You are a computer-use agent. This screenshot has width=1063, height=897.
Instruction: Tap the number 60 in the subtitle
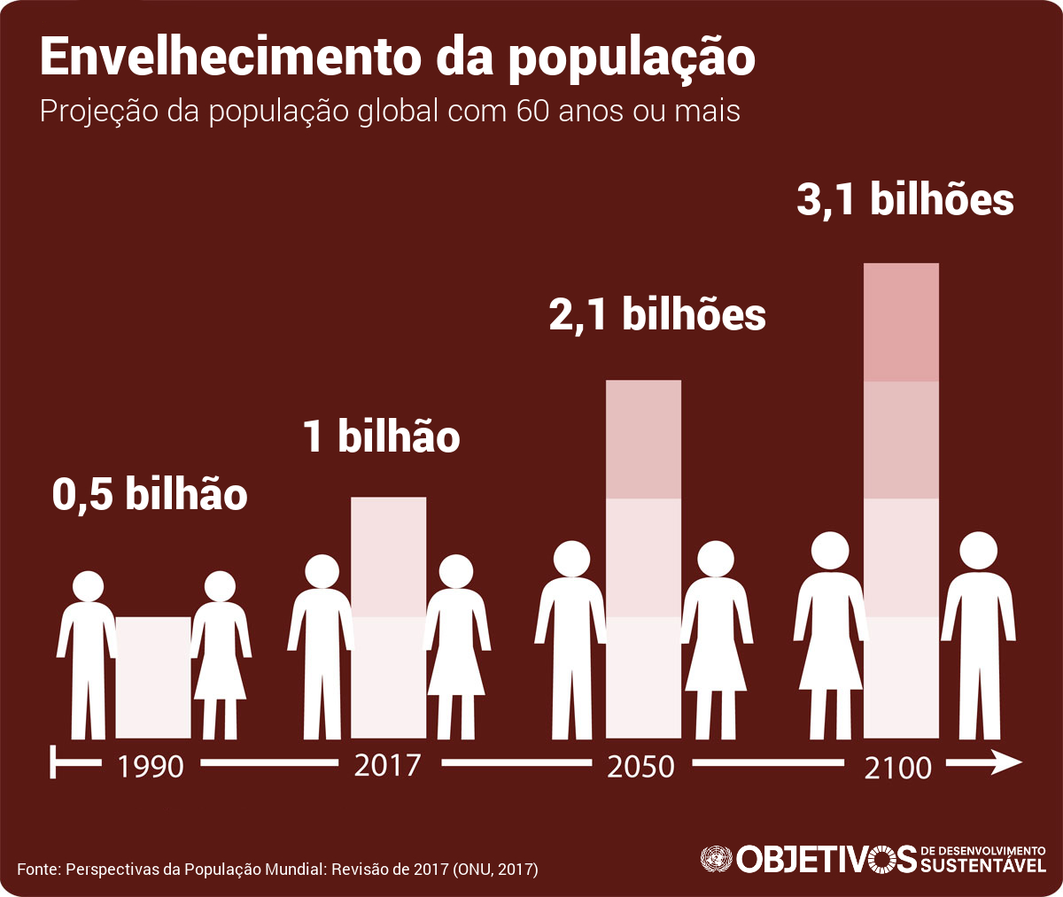coord(525,112)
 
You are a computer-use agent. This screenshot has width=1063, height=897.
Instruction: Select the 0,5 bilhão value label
coord(150,493)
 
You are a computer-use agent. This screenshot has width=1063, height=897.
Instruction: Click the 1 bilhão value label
coord(382,437)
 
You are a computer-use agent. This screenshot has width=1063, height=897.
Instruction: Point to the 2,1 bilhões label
coord(657,314)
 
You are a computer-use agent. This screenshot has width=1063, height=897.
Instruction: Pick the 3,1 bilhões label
coord(905,199)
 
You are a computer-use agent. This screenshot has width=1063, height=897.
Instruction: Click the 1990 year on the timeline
coord(150,766)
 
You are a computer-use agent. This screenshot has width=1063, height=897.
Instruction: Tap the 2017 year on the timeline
coord(387,764)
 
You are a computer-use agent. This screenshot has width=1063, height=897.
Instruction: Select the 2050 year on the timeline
coord(641,766)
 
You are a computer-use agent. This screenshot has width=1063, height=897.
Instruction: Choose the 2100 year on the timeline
coord(898,767)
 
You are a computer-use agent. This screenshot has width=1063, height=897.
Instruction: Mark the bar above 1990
coord(153,677)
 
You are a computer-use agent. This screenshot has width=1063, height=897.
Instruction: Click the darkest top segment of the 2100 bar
coord(901,322)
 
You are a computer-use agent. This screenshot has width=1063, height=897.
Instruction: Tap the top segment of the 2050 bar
coord(643,439)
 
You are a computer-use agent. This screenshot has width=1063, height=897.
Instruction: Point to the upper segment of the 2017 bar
coord(388,556)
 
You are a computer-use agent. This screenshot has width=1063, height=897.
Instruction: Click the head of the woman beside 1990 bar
coord(221,588)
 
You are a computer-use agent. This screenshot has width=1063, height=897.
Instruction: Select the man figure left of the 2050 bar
coord(570,638)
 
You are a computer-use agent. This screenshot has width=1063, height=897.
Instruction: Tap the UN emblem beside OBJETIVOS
coord(716,858)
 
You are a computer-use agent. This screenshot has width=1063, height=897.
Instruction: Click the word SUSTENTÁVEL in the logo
coord(983,865)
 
